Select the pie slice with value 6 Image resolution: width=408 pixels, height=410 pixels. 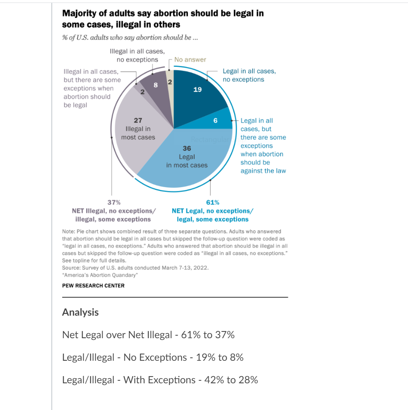coord(215,120)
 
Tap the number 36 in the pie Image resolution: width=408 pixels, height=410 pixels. coord(187,148)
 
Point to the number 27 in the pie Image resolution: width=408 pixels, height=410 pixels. coord(138,120)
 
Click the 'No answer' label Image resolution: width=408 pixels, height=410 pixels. coord(190,60)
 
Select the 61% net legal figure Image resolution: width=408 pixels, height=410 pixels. coord(213,202)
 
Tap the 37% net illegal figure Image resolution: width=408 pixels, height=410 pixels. coord(114,202)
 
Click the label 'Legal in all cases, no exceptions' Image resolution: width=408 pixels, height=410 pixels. coord(249,75)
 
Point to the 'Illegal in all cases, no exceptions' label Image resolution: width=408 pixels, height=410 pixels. coord(137,56)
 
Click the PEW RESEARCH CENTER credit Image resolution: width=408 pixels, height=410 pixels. coord(94,286)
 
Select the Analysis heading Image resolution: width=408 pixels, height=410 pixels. coord(80,312)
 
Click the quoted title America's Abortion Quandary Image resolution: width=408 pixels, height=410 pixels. coord(100,275)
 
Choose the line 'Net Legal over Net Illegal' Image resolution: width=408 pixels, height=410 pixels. coord(117,335)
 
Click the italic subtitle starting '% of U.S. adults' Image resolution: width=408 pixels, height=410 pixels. coord(130,38)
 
